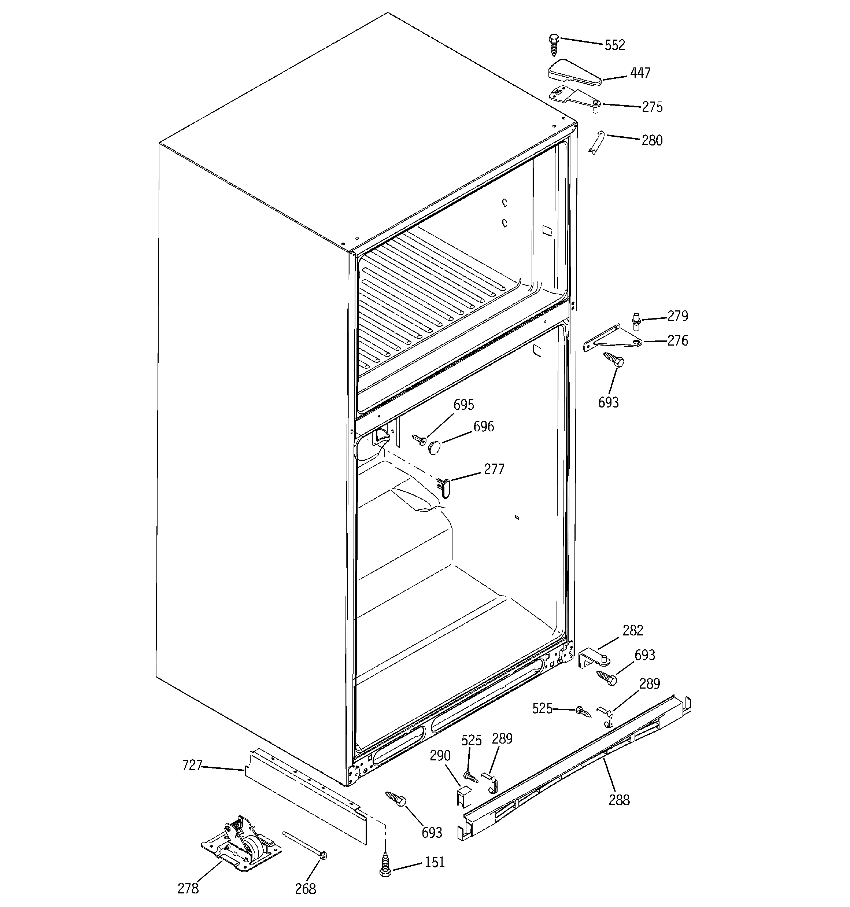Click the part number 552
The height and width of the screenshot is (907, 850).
(614, 45)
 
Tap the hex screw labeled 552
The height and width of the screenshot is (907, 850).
(554, 45)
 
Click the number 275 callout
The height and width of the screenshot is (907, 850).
(652, 107)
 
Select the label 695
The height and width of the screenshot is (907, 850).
(463, 405)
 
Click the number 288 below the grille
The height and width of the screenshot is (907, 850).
(619, 800)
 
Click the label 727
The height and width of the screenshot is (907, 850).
(192, 765)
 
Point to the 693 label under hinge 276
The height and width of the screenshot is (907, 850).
(608, 402)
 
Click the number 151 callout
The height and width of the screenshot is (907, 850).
(435, 862)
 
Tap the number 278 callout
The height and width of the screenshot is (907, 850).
(188, 888)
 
